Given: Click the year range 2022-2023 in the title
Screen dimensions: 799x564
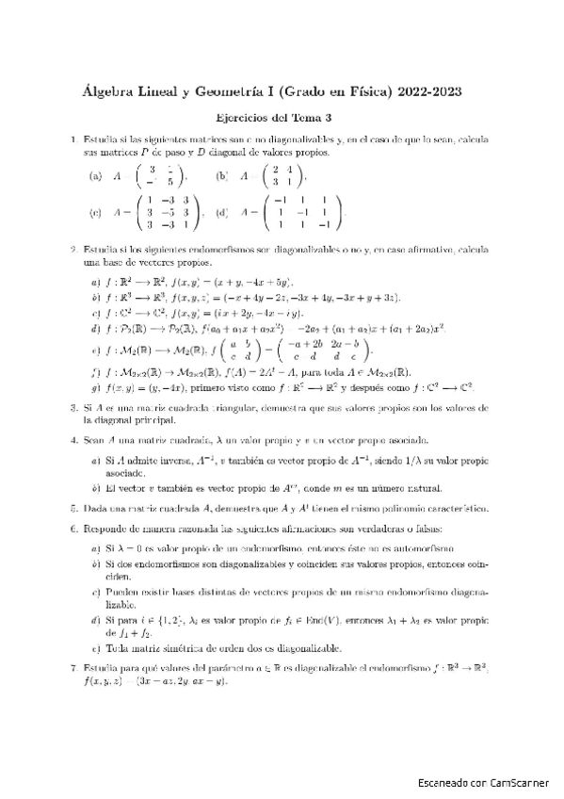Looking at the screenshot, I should [x=429, y=92].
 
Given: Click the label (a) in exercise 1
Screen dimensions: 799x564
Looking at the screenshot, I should [x=95, y=176].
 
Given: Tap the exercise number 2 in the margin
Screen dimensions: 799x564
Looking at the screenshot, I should [x=73, y=250].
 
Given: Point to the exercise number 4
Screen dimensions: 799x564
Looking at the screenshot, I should [x=73, y=440].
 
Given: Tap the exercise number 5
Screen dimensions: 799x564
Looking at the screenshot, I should [x=73, y=509].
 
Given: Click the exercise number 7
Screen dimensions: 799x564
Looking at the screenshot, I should [x=73, y=668].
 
